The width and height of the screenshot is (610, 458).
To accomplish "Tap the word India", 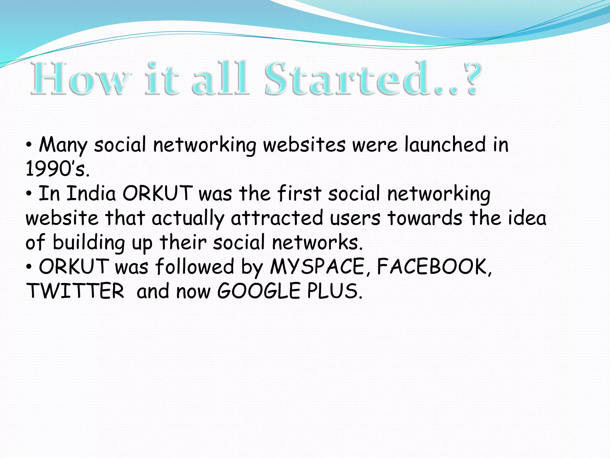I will point(91,194).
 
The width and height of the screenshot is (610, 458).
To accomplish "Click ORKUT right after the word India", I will point(158,194).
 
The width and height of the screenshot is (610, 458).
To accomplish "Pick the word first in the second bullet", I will point(299,194).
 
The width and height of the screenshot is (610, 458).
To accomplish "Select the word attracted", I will point(277,218).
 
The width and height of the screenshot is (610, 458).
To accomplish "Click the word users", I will point(355,218).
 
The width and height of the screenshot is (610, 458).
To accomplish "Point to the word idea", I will point(527,218).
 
